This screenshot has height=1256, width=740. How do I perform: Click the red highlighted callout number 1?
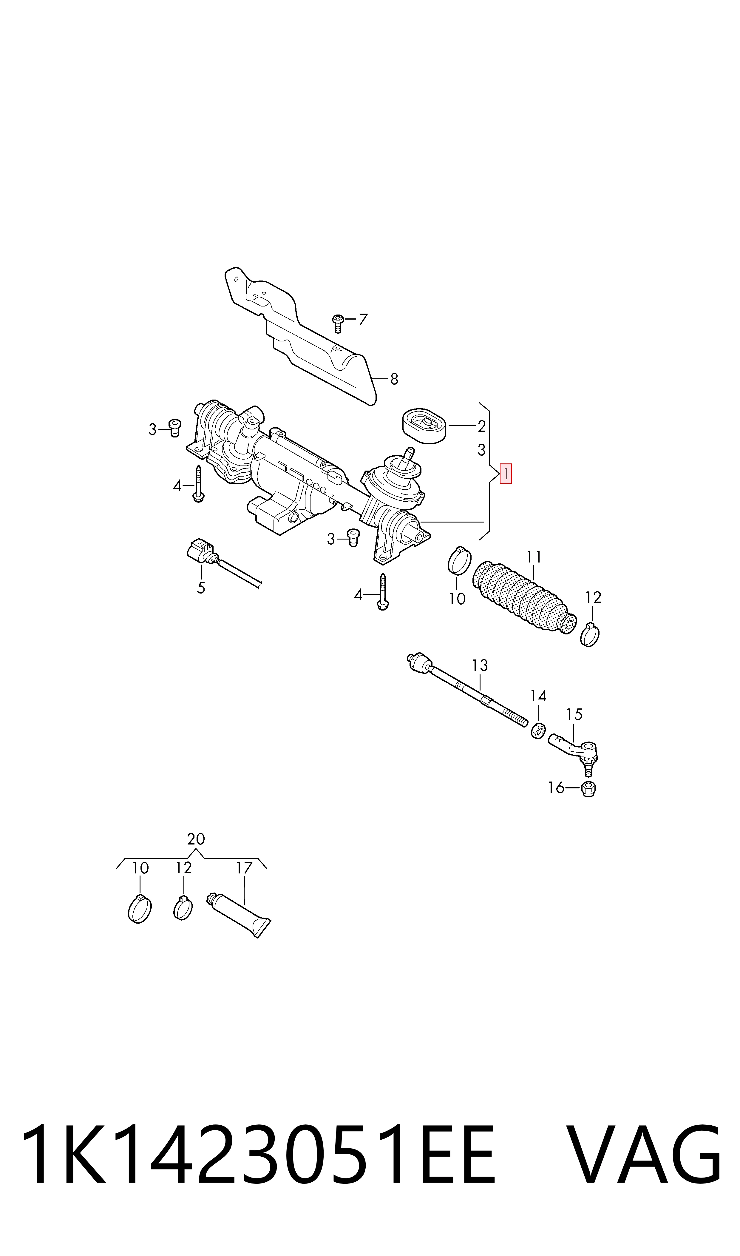(x=506, y=473)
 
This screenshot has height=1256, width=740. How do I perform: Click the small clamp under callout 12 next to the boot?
(x=590, y=634)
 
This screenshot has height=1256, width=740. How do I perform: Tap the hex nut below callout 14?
(x=537, y=731)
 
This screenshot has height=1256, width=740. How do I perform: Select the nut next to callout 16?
(x=588, y=789)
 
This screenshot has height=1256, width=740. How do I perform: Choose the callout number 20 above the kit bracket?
(x=196, y=839)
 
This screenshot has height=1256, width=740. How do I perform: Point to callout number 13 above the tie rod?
(x=479, y=665)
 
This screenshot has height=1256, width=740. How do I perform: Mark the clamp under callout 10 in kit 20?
(x=140, y=909)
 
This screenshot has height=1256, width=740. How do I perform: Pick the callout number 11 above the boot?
(x=534, y=557)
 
